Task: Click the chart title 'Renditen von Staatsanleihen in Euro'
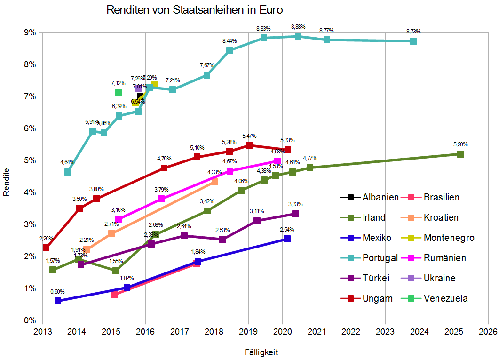click(195, 10)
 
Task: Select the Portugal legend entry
click(369, 258)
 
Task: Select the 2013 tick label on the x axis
click(42, 331)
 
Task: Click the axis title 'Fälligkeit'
click(264, 352)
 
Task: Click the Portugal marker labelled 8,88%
click(298, 36)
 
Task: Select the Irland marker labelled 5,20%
click(460, 154)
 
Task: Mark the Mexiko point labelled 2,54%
click(287, 239)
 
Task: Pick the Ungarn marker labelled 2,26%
click(46, 248)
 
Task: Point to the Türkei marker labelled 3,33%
click(295, 214)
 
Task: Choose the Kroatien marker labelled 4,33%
click(214, 182)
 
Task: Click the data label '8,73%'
click(413, 32)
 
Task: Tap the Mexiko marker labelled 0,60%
click(58, 301)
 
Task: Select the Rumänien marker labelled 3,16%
click(119, 219)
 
